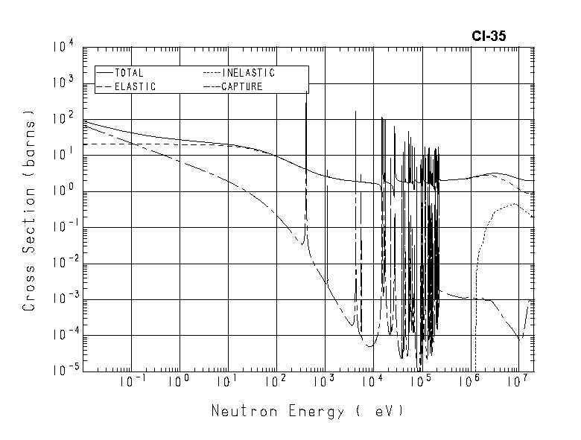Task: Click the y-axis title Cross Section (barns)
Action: tap(31, 211)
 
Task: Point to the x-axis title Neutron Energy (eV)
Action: tap(306, 410)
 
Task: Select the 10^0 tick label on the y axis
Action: tap(63, 192)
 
